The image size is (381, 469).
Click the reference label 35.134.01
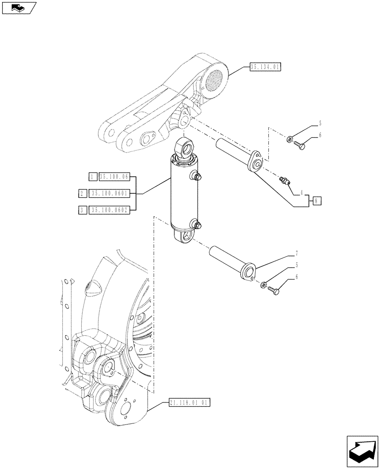[x=265, y=68]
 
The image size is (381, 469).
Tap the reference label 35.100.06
[x=114, y=177]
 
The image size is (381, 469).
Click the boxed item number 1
[x=92, y=177]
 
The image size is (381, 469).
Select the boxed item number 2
[x=82, y=193]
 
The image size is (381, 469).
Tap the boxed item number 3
[x=82, y=210]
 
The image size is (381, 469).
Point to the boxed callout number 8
[x=317, y=201]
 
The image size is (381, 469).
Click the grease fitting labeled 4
[x=284, y=180]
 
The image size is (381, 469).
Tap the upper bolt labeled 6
[x=300, y=146]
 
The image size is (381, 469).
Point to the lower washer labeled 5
[x=265, y=284]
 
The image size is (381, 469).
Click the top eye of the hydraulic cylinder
[x=185, y=148]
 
